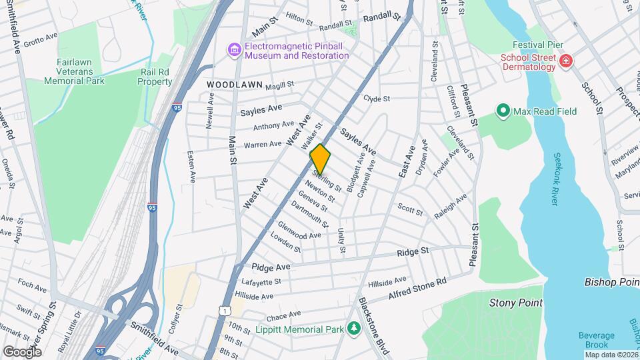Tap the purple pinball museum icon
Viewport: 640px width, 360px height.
click(234, 50)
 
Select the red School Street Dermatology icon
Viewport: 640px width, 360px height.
click(565, 61)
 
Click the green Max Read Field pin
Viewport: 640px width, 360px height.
click(503, 111)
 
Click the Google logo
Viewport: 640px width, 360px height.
click(23, 351)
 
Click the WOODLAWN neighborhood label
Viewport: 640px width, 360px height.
click(231, 85)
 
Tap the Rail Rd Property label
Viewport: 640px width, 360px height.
click(155, 77)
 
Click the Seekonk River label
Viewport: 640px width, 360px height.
click(559, 179)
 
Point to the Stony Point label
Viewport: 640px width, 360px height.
click(515, 303)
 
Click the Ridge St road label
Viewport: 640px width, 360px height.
click(412, 251)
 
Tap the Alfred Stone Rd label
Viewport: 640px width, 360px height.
click(417, 289)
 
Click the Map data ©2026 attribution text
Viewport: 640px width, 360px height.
click(611, 355)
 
